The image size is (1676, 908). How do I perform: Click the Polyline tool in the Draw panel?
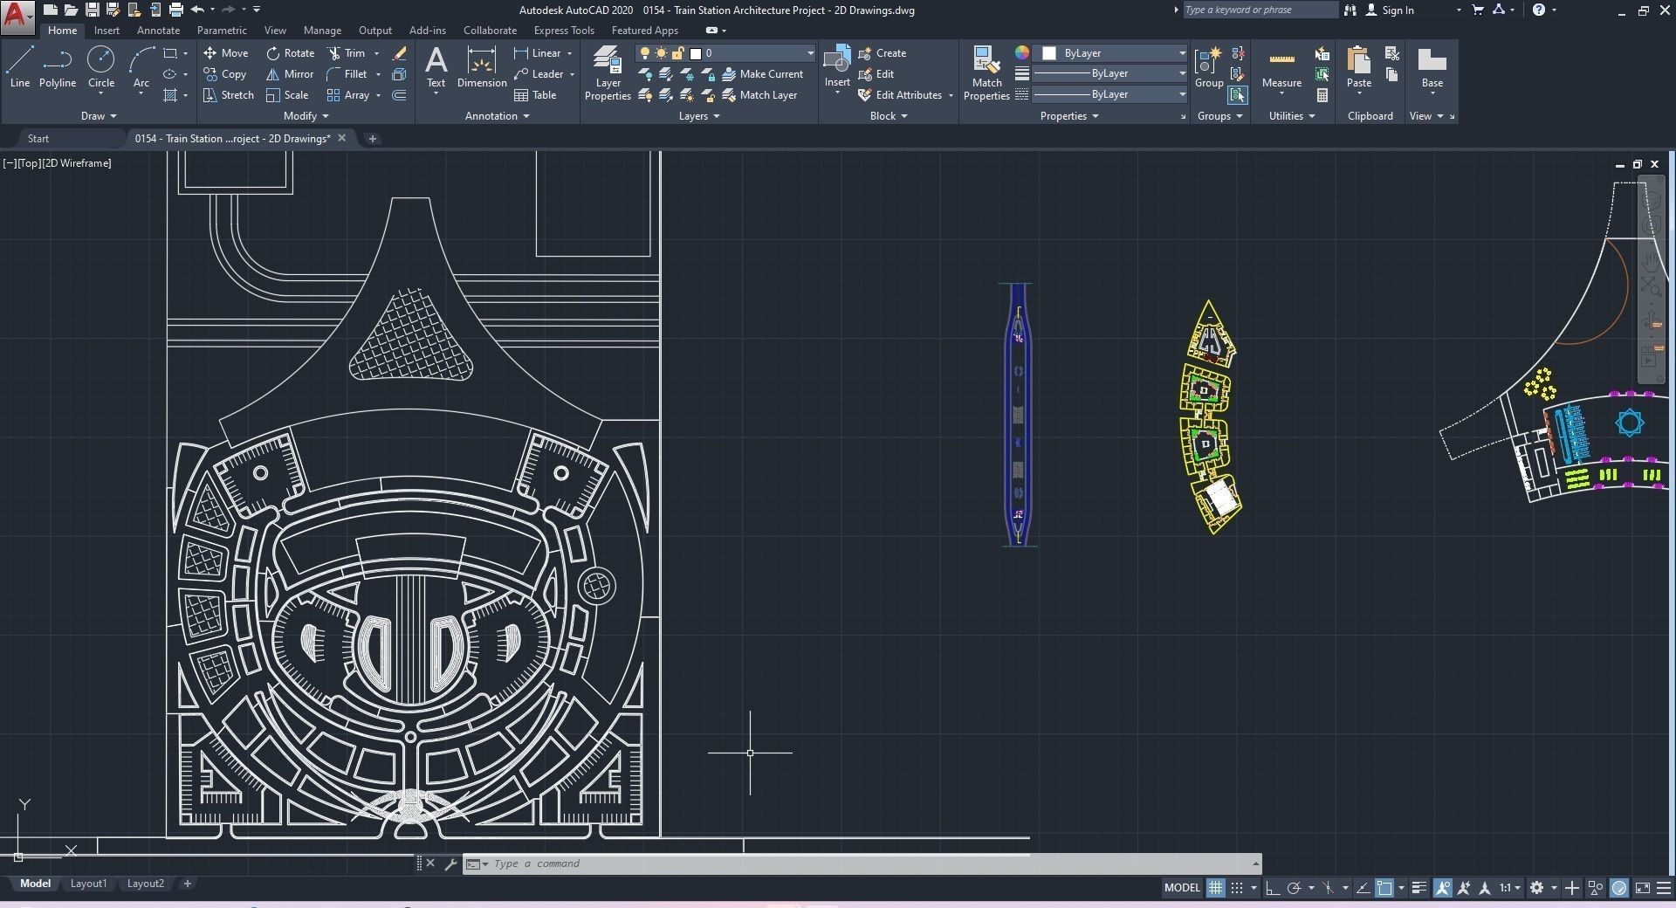57,66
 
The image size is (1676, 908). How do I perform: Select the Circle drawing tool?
100,66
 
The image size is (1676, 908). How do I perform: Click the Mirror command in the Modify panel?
290,74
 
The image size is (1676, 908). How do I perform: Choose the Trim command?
347,53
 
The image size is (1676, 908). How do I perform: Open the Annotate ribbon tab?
158,31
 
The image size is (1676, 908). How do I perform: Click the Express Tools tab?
564,31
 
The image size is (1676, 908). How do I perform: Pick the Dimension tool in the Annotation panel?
482,66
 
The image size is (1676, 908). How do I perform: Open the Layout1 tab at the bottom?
88,884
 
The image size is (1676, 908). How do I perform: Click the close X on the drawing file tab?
342,138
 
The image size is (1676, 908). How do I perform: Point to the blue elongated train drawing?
1018,415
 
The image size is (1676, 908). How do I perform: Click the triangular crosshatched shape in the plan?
410,340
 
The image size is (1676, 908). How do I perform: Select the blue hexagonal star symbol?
1630,423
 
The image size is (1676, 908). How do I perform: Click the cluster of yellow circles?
1541,383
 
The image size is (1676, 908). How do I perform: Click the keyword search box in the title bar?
1259,10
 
